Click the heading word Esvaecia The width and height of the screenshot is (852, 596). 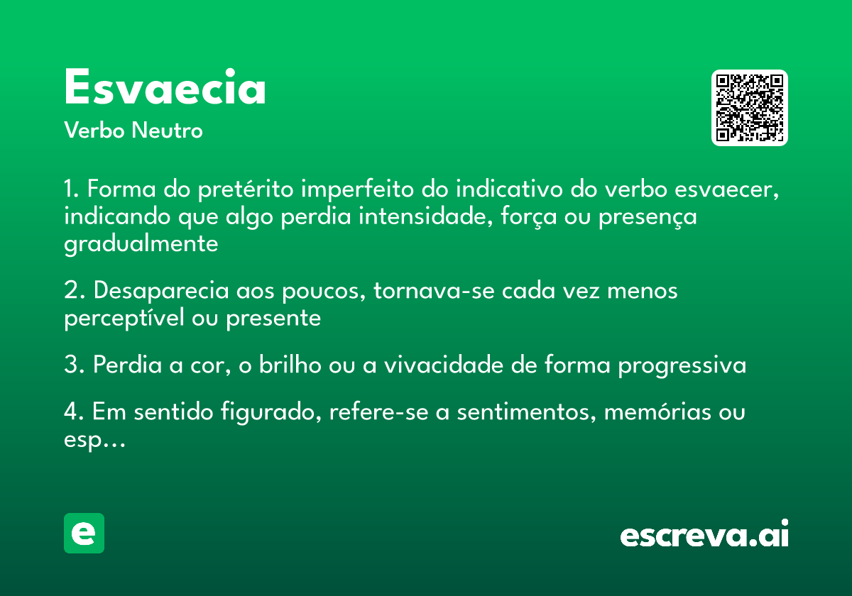(x=165, y=88)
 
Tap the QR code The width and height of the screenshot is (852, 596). (x=750, y=108)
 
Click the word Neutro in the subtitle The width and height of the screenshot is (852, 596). (x=167, y=131)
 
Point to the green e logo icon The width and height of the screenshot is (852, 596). (x=84, y=533)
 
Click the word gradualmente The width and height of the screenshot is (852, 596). (x=141, y=243)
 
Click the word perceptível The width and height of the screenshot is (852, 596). (x=124, y=318)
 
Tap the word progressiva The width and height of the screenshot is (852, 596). (x=682, y=366)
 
